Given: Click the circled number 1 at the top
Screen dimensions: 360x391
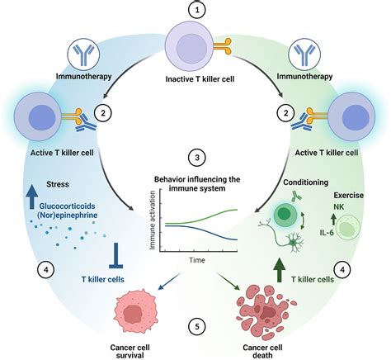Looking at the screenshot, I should click(x=195, y=12).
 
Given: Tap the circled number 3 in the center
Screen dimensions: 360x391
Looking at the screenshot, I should click(x=195, y=158).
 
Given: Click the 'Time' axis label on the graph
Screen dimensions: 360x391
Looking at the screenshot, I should click(x=195, y=258).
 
